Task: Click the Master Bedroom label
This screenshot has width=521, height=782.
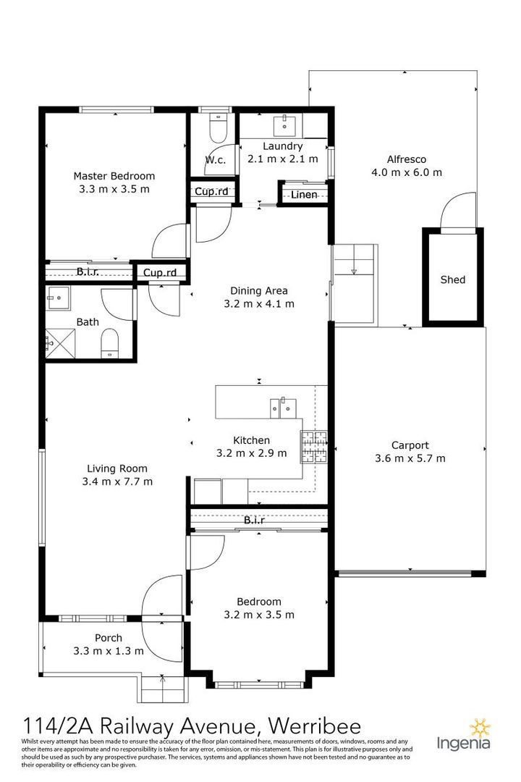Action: pyautogui.click(x=114, y=176)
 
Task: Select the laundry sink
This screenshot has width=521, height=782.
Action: pyautogui.click(x=284, y=125)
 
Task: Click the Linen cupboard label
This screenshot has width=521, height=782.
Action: pyautogui.click(x=304, y=195)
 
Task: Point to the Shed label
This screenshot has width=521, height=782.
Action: pyautogui.click(x=453, y=279)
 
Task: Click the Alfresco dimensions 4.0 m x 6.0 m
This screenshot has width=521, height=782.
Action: pyautogui.click(x=407, y=172)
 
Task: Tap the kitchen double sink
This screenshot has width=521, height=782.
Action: pyautogui.click(x=283, y=408)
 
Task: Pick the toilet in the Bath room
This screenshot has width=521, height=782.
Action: pyautogui.click(x=109, y=345)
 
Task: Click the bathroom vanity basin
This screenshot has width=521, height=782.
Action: pyautogui.click(x=58, y=298)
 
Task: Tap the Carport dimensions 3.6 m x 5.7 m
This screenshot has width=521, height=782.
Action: pyautogui.click(x=410, y=458)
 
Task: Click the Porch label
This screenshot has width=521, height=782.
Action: pyautogui.click(x=109, y=638)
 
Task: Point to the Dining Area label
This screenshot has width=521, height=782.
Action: pyautogui.click(x=259, y=291)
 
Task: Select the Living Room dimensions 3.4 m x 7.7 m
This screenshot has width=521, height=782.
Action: pyautogui.click(x=118, y=482)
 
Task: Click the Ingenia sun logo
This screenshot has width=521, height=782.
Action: pyautogui.click(x=480, y=728)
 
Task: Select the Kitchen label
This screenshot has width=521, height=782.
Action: pyautogui.click(x=252, y=440)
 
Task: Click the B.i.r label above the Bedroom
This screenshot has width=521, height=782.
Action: pyautogui.click(x=254, y=520)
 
